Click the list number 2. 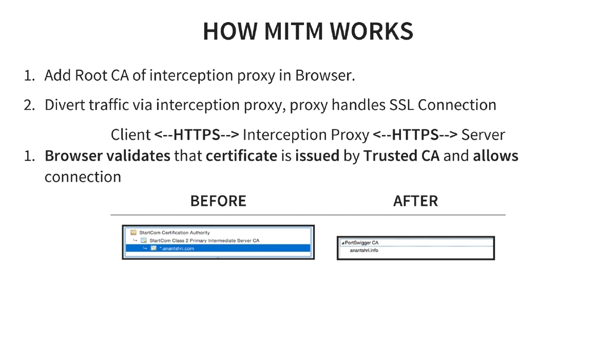(29, 105)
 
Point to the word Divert (65, 105)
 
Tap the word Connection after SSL (457, 105)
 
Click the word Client (130, 135)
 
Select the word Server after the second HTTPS (483, 135)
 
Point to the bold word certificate (241, 156)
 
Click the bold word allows (495, 156)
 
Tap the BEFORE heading (218, 201)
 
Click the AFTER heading (415, 201)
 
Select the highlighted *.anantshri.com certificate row (218, 249)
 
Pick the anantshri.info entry (364, 251)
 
